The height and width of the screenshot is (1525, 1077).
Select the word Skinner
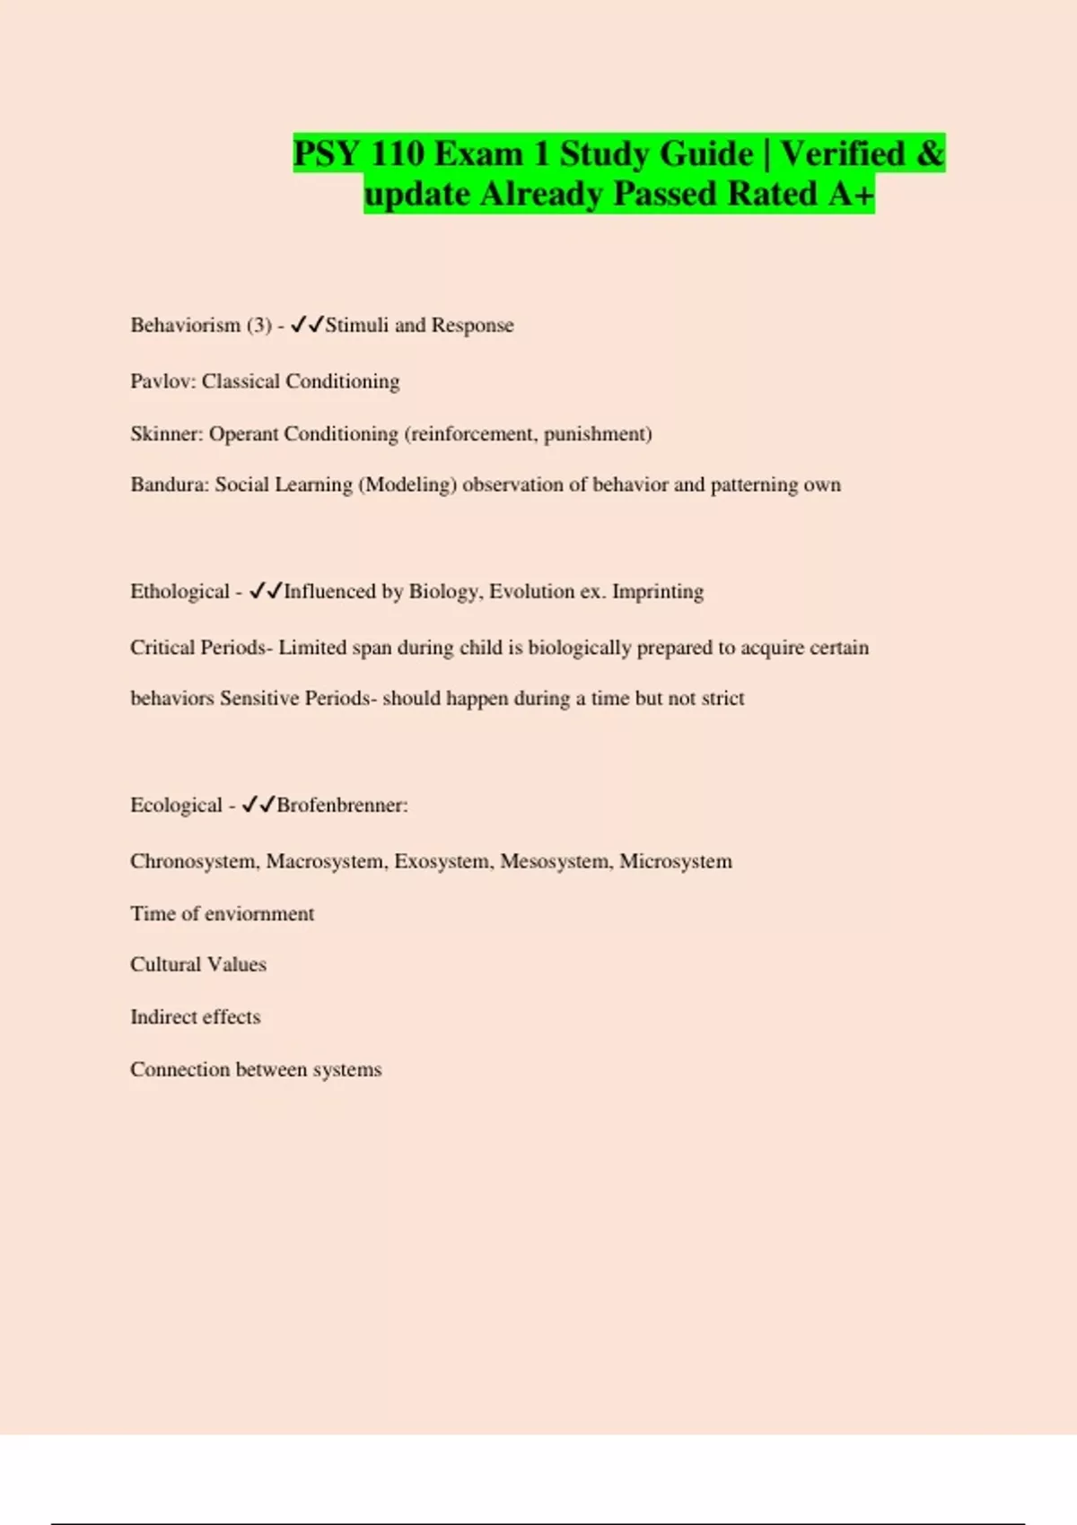166,434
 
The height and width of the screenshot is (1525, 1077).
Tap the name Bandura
169,485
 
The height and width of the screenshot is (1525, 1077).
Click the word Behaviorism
185,326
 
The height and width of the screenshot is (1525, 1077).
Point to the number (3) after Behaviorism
259,326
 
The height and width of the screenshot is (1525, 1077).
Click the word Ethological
179,592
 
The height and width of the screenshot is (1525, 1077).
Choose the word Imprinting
658,592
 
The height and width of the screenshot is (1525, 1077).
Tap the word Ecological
176,806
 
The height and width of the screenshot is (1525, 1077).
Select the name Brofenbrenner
341,806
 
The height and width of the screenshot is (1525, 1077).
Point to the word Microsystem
676,862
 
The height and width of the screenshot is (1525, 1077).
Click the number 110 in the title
397,153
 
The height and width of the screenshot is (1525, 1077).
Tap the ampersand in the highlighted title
930,153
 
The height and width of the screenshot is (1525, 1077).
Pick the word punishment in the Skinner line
595,434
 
